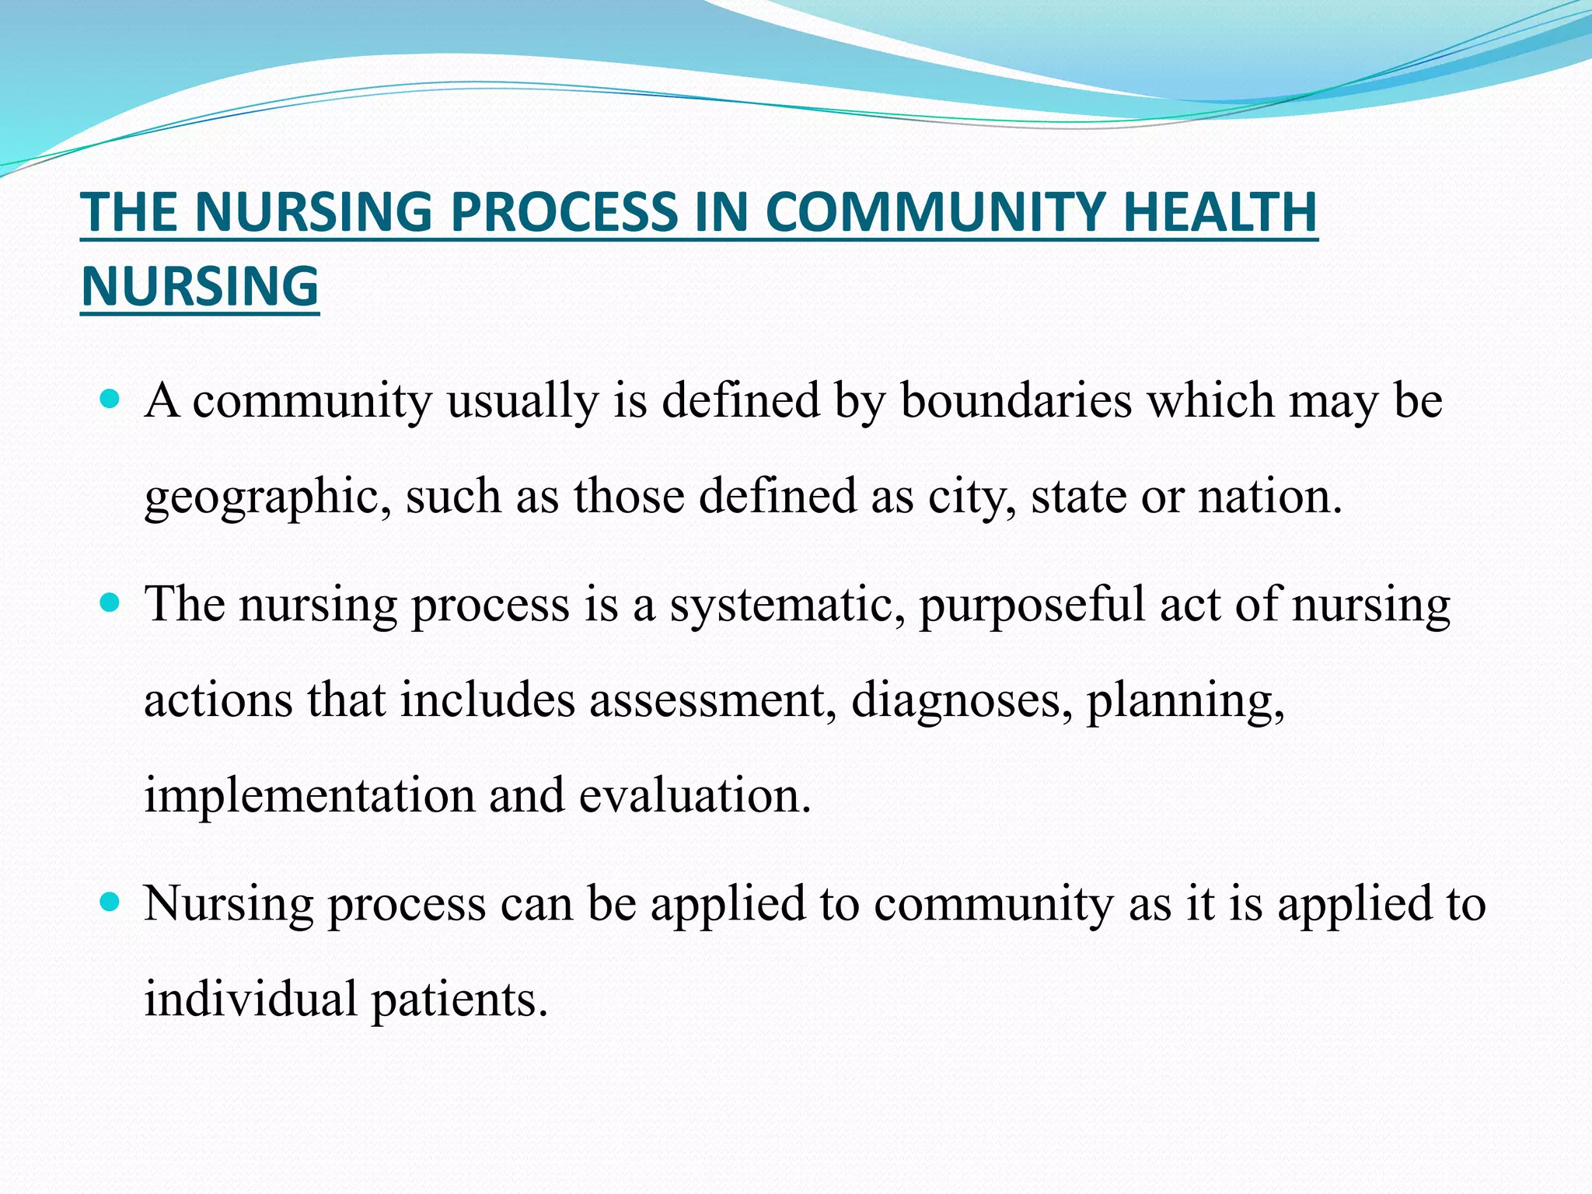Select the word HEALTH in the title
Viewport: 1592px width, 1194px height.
click(1220, 212)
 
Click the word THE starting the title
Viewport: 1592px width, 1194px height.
click(128, 212)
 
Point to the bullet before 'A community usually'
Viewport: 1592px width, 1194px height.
click(111, 400)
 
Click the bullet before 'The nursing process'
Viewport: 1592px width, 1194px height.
click(111, 602)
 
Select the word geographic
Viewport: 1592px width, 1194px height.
click(268, 497)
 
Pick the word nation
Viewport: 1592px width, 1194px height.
click(1269, 496)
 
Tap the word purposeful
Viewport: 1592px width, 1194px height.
click(1032, 606)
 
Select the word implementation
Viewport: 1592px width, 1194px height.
click(309, 796)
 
